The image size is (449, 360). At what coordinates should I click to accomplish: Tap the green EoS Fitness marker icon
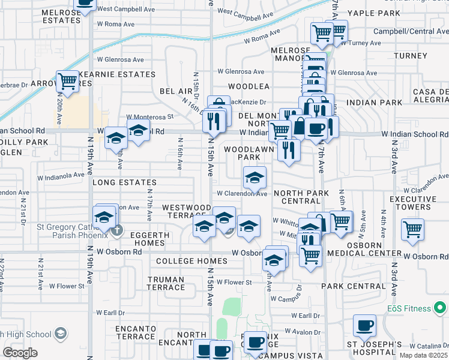coord(440,308)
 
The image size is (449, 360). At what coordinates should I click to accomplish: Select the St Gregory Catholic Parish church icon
coord(118,229)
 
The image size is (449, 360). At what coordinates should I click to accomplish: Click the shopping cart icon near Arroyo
coord(67,80)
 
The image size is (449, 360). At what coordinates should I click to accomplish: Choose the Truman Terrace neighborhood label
coord(166,283)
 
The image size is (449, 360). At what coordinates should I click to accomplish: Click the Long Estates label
coord(124,182)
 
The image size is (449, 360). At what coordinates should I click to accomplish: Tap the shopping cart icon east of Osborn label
coord(412,229)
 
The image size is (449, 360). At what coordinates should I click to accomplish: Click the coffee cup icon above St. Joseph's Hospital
coord(364,327)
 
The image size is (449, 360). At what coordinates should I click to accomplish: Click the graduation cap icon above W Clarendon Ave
coord(255,178)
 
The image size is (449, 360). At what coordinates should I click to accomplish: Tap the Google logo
coord(20,353)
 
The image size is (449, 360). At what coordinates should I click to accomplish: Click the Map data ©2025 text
coord(423,355)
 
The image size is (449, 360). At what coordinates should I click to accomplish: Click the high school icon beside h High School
coord(60,334)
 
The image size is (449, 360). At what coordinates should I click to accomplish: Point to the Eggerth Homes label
coord(142,239)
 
